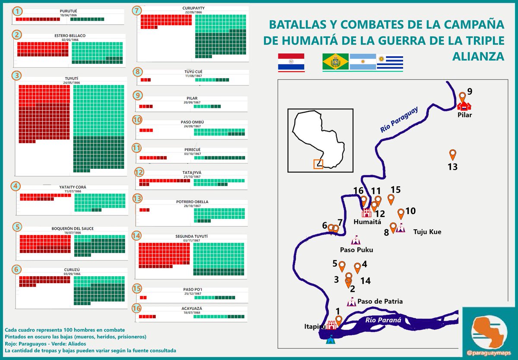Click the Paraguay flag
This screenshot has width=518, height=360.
[291, 62]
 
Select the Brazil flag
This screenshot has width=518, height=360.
[335, 62]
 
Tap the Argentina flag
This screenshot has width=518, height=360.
[363, 62]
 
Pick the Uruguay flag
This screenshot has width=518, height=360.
[390, 62]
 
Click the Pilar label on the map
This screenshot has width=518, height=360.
[465, 115]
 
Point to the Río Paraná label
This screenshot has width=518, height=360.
[383, 320]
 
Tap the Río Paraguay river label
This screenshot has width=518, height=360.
[399, 120]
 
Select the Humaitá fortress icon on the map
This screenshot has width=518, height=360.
[366, 212]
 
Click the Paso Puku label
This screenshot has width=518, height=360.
[356, 249]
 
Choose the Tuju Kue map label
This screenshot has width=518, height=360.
[427, 232]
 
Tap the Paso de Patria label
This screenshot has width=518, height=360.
[380, 301]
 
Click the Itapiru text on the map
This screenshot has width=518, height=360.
[314, 327]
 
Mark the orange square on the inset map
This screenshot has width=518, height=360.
[318, 164]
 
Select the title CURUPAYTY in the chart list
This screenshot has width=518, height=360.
[193, 8]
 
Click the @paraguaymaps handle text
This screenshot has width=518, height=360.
[489, 353]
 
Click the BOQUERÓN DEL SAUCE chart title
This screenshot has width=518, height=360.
[72, 228]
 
